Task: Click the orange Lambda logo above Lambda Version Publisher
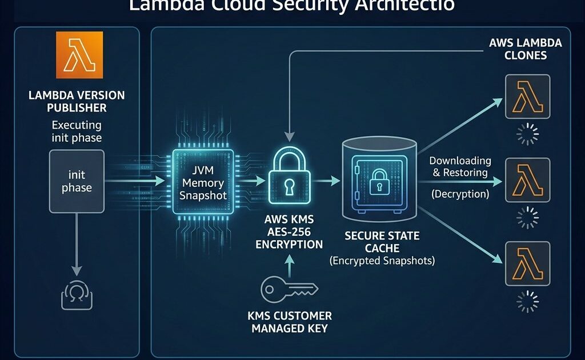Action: pos(79,55)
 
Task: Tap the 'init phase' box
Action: pos(77,180)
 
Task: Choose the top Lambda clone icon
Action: pos(527,97)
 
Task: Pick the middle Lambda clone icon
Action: pos(527,181)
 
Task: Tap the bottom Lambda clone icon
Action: pos(527,263)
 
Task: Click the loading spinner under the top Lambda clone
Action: pos(527,133)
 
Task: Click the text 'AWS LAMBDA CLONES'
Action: pos(526,49)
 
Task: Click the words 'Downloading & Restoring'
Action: pos(459,166)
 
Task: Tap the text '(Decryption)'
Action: pos(460,194)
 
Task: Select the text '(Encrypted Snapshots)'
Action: pos(382,261)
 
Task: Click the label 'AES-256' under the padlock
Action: pos(289,232)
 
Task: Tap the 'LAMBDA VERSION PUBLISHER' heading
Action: pos(77,101)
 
